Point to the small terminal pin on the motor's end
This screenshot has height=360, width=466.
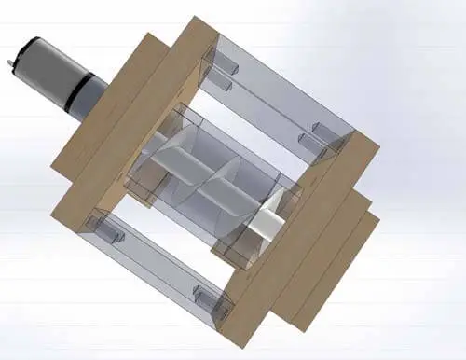8,62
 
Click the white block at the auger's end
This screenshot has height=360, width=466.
268,221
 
